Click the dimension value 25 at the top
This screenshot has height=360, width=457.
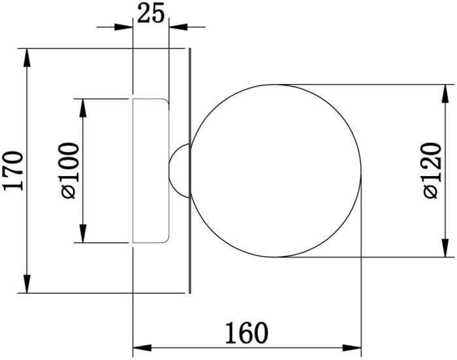151,13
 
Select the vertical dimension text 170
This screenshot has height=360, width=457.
14,170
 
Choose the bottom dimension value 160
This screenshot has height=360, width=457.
246,333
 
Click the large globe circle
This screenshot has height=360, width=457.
277,171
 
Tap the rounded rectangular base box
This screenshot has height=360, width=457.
151,170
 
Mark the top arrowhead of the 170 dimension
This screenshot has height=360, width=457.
27,58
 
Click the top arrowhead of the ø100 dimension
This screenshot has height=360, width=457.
83,108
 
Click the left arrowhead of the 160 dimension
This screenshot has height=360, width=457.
142,347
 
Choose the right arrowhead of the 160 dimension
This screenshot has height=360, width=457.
352,347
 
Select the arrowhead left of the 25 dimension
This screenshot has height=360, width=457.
125,27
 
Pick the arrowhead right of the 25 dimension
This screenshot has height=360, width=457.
178,27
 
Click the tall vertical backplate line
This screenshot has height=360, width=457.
190,170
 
